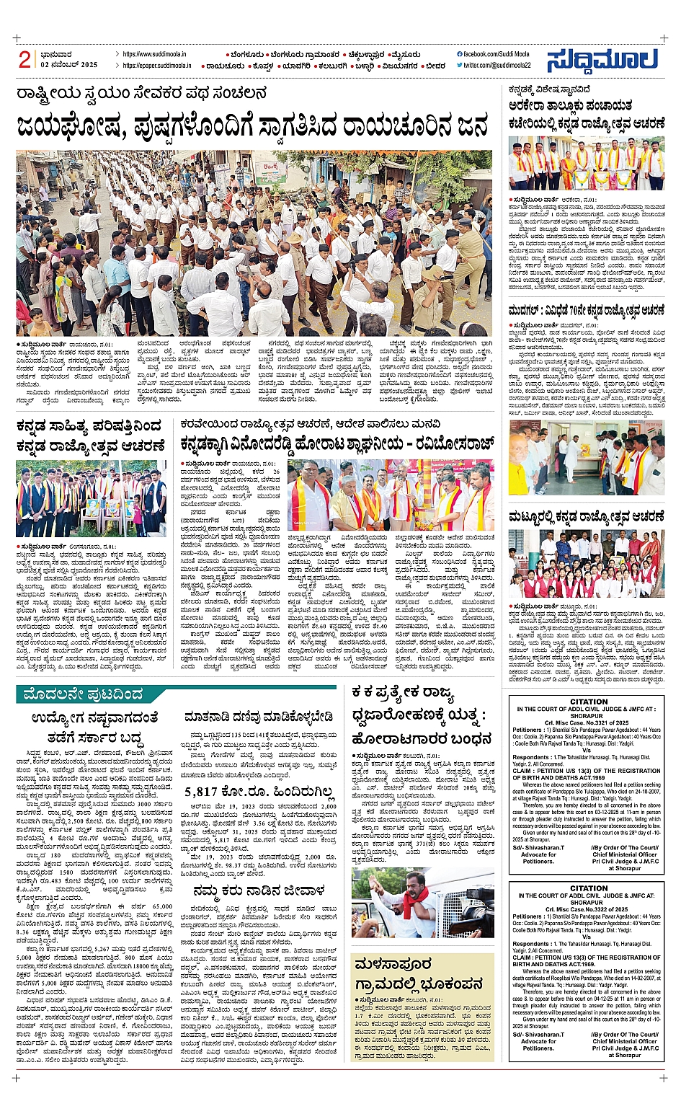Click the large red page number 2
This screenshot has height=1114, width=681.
click(x=25, y=60)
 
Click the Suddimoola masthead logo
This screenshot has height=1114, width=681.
click(x=602, y=61)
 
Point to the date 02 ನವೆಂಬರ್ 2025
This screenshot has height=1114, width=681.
click(x=69, y=65)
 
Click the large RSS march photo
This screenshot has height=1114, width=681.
click(x=254, y=242)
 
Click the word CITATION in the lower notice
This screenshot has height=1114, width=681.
click(x=589, y=888)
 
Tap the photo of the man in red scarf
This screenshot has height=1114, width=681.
click(x=422, y=903)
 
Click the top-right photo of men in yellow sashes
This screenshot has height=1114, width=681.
click(x=586, y=164)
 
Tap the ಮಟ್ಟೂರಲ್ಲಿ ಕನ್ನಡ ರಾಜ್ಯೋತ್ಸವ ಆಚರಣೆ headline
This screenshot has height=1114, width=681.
click(x=586, y=517)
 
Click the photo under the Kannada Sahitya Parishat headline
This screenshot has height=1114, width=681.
click(x=91, y=498)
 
